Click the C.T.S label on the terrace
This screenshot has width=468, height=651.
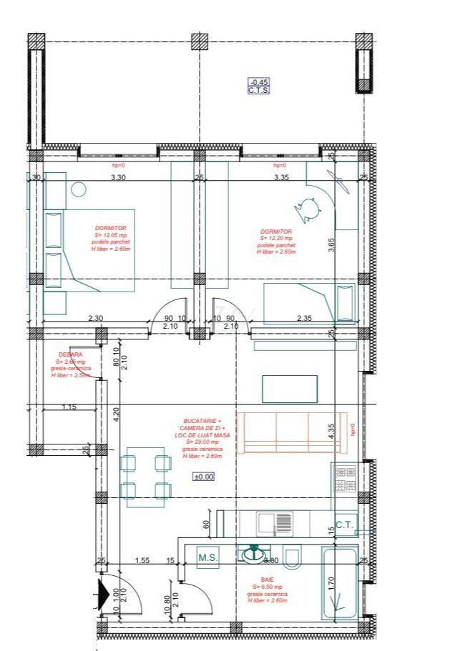pyautogui.click(x=258, y=91)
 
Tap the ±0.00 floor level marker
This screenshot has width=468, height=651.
pyautogui.click(x=203, y=477)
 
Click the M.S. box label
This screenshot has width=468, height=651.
pyautogui.click(x=208, y=557)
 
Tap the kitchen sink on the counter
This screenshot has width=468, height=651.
pyautogui.click(x=276, y=523)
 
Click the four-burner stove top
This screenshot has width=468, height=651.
pyautogui.click(x=345, y=478)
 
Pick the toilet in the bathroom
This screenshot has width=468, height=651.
pyautogui.click(x=292, y=555)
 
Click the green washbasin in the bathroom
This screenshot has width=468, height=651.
pyautogui.click(x=253, y=553)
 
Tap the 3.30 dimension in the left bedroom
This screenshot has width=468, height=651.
pyautogui.click(x=117, y=178)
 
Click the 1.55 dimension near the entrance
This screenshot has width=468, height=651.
pyautogui.click(x=143, y=561)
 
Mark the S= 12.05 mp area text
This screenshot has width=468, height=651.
pyautogui.click(x=109, y=235)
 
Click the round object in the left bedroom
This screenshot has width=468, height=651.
pyautogui.click(x=78, y=189)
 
